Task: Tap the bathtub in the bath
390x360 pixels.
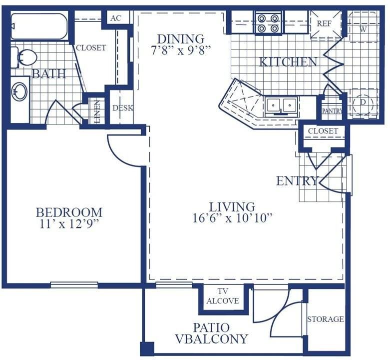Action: click(39, 26)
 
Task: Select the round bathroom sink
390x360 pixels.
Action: click(20, 92)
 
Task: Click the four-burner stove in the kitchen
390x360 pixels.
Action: click(268, 23)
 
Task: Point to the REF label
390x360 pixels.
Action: click(324, 23)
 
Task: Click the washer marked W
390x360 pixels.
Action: click(363, 29)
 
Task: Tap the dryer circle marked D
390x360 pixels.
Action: click(363, 102)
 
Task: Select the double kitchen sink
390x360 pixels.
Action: click(281, 106)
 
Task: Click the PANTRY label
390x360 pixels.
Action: click(332, 111)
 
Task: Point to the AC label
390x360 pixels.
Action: click(116, 18)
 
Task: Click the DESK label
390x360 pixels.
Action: click(123, 108)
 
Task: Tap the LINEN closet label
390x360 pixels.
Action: click(97, 111)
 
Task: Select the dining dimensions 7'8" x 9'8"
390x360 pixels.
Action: click(181, 51)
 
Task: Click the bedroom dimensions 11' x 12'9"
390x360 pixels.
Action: click(69, 224)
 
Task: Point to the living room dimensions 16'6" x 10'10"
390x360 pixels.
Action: click(232, 218)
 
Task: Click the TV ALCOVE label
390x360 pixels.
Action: click(223, 296)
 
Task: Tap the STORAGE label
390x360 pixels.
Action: click(326, 319)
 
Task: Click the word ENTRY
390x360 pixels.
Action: click(298, 180)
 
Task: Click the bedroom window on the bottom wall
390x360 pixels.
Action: click(74, 285)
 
